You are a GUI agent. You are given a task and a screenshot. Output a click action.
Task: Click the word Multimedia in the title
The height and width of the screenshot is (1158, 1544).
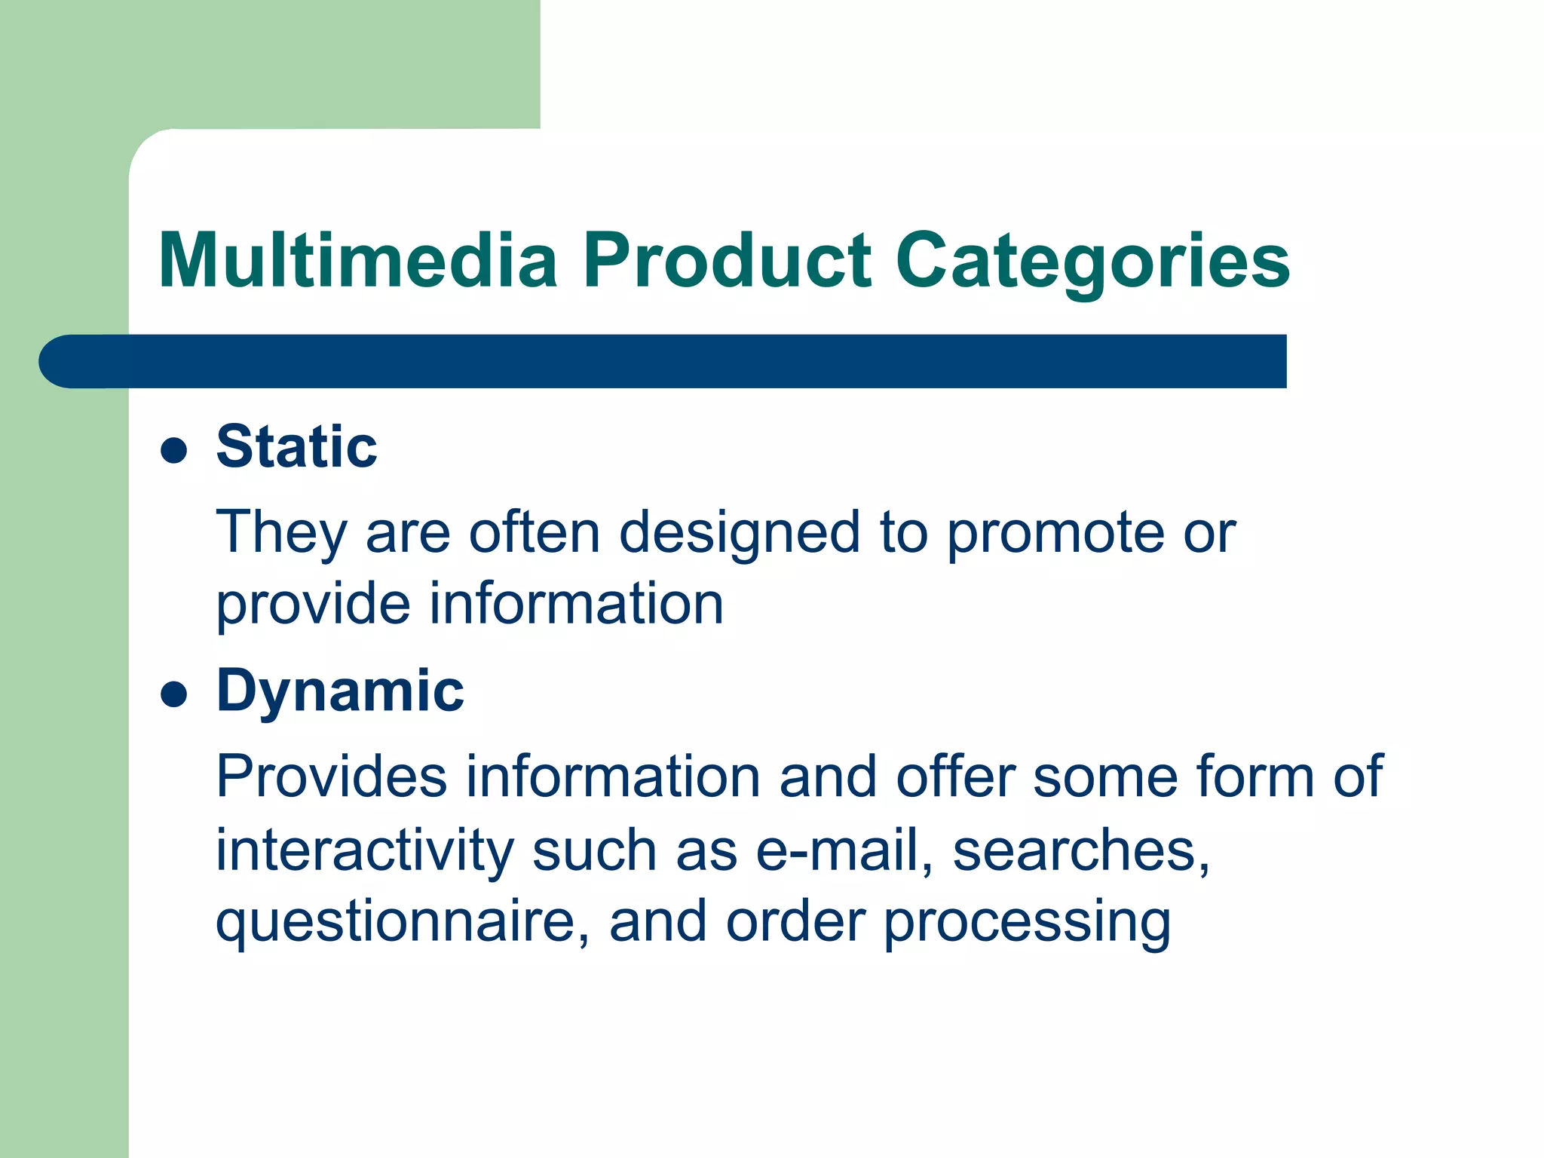click(358, 260)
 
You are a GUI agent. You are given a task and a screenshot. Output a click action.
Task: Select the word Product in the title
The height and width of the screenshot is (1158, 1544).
click(728, 260)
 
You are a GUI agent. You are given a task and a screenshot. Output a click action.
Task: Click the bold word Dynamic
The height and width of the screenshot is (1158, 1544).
click(340, 691)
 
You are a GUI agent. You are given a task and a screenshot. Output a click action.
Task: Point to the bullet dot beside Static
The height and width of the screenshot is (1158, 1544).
click(174, 451)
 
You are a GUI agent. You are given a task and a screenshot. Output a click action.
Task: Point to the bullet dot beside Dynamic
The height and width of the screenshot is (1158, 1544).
click(174, 694)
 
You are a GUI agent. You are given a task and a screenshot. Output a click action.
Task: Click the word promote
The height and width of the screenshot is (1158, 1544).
click(1055, 532)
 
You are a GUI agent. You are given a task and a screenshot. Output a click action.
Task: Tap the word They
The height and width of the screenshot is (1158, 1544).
click(281, 532)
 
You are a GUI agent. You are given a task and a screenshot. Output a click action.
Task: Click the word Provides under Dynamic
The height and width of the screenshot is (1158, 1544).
click(331, 777)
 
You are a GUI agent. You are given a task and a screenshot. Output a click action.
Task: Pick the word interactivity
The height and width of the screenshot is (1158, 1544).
click(364, 850)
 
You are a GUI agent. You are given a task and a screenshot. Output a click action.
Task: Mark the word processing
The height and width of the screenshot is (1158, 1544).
click(1027, 921)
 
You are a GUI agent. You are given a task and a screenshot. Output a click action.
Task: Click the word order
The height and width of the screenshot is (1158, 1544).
click(795, 921)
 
